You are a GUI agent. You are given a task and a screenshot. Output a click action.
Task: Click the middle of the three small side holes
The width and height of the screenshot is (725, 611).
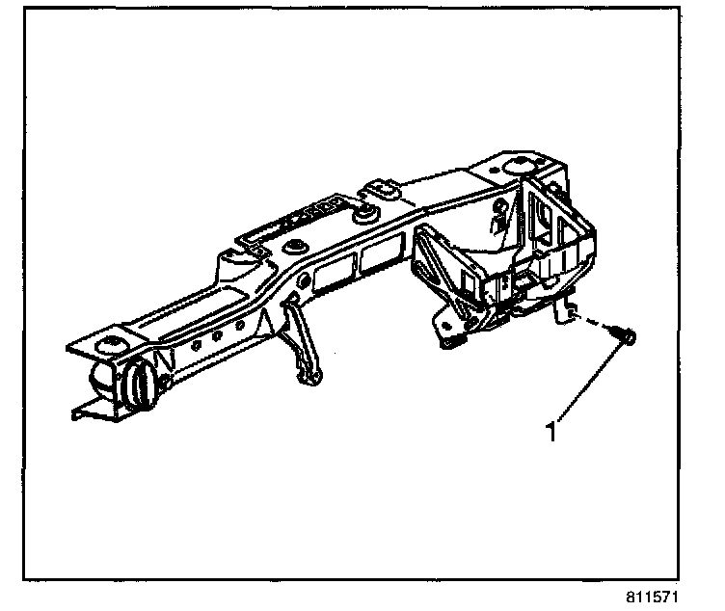(x=217, y=338)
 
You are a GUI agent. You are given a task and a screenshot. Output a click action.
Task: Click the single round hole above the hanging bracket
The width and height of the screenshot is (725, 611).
(x=304, y=280)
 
